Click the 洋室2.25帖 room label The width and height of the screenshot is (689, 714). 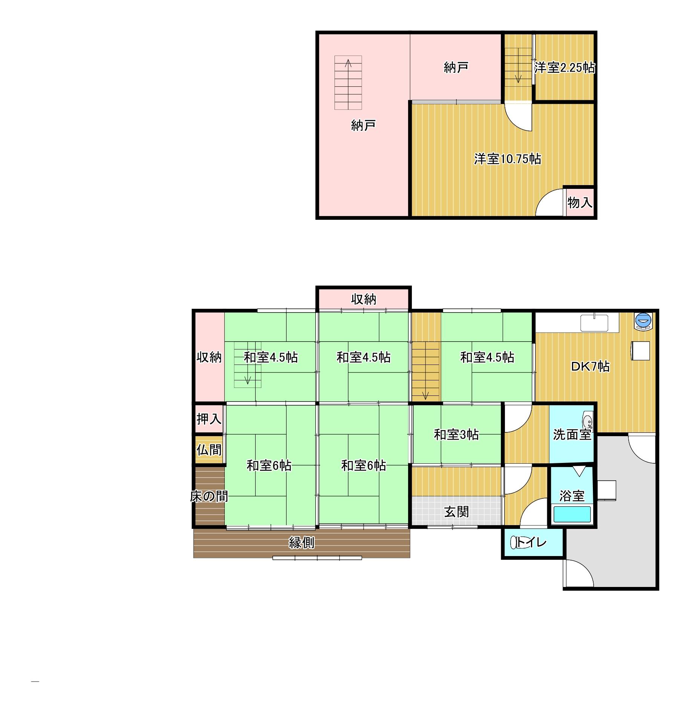565,68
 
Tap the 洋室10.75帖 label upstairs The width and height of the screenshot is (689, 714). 508,159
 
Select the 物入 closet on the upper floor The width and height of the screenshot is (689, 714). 580,202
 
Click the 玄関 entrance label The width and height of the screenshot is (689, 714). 456,512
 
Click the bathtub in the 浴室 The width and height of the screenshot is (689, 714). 572,514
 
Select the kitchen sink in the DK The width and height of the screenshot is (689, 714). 594,323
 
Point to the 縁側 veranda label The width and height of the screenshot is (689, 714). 301,542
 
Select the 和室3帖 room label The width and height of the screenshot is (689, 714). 456,435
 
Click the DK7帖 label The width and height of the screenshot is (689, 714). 590,366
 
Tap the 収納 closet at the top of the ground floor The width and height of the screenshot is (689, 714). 364,299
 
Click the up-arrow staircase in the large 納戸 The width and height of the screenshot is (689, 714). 348,83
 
